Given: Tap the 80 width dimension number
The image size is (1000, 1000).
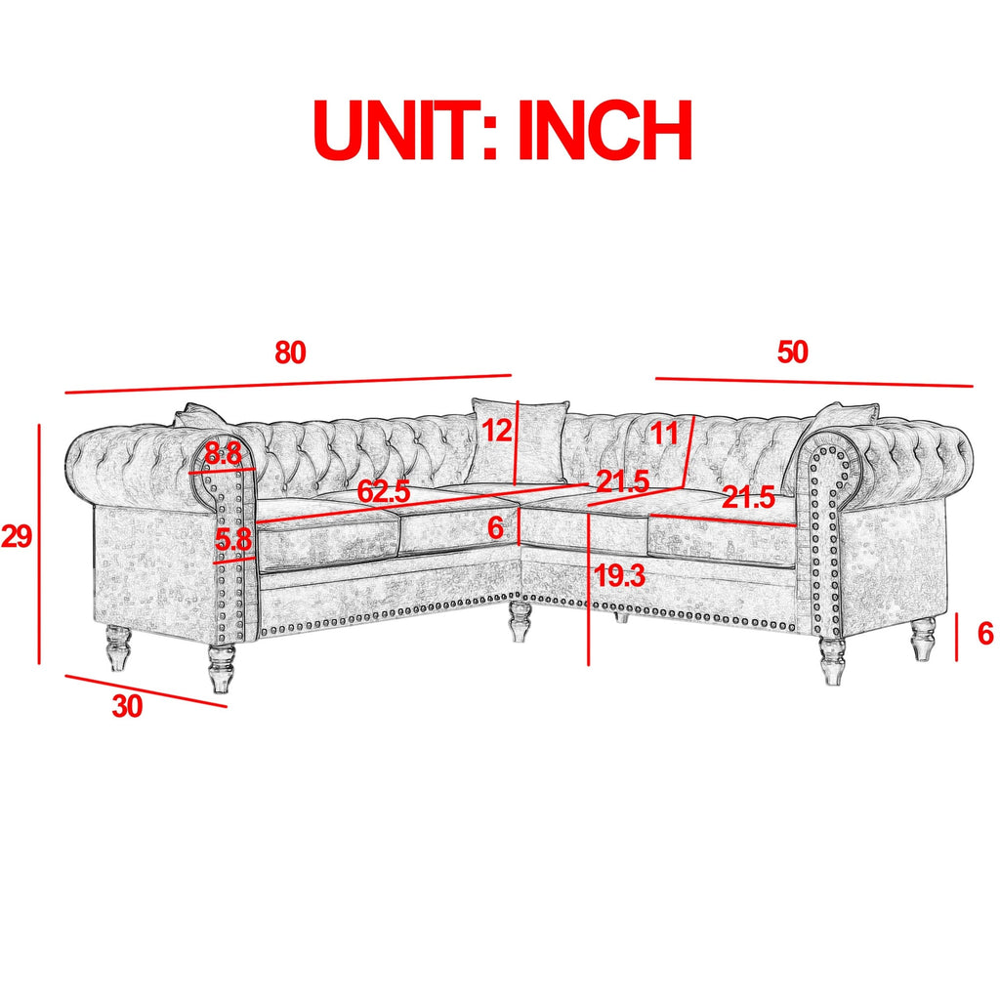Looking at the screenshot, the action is click(290, 353).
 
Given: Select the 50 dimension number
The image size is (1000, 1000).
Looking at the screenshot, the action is click(792, 352).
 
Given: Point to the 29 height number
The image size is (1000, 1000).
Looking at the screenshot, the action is click(17, 536).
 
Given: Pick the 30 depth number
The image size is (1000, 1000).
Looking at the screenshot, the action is click(127, 707).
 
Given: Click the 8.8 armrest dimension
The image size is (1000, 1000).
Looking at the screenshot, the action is click(224, 455).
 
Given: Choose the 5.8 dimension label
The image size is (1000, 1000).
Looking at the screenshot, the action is click(233, 540).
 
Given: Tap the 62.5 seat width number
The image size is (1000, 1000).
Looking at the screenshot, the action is click(383, 491).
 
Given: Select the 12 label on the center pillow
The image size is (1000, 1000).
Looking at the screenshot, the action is click(497, 431).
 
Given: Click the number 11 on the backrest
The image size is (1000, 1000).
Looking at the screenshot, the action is click(664, 435).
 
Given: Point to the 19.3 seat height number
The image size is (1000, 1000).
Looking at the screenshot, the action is click(619, 576).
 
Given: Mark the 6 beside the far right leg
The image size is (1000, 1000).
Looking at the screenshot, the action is click(985, 634).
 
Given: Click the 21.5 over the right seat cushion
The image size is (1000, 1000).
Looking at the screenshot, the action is click(749, 497).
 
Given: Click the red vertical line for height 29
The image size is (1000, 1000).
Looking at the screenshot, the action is click(39, 544).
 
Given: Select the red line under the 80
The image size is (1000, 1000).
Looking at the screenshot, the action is click(288, 384).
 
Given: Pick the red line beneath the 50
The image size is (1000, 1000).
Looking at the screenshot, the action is click(814, 382).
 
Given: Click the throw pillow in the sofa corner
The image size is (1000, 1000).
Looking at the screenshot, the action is click(519, 440).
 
